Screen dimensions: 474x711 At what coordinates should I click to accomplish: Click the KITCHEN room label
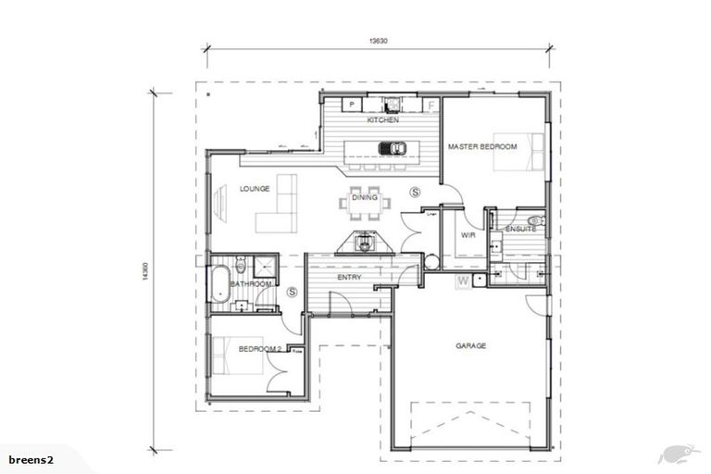382,121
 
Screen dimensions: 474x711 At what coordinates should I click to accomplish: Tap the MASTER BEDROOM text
481,147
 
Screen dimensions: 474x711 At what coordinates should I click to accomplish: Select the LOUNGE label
255,189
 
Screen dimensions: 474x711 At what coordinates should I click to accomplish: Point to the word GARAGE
470,346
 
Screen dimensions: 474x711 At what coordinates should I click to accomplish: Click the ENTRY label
350,277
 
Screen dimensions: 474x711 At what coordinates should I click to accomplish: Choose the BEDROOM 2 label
258,349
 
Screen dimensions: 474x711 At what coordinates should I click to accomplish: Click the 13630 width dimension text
379,41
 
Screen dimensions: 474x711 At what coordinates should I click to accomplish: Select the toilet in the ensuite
537,221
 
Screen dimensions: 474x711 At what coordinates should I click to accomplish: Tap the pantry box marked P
352,105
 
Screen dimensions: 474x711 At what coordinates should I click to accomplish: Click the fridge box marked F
431,105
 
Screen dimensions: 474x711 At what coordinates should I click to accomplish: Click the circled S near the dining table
415,192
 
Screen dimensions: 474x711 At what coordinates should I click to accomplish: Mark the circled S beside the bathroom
293,292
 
